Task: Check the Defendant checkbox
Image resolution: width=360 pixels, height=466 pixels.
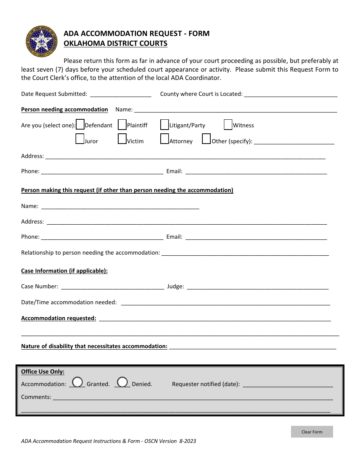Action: click(80, 125)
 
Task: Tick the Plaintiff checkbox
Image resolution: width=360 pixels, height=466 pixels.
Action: click(122, 125)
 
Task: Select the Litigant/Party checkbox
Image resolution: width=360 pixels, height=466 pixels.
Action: click(164, 125)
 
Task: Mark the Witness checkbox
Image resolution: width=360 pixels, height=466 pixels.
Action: click(228, 125)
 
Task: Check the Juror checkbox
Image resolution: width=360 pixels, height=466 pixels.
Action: click(80, 139)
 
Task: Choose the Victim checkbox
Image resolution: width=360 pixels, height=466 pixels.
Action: click(122, 139)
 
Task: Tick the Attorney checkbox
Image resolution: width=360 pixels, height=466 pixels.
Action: click(164, 139)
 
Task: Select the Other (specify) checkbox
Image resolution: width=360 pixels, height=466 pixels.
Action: click(206, 139)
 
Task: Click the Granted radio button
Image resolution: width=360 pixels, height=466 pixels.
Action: click(78, 382)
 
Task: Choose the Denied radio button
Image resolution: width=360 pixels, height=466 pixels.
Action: click(122, 382)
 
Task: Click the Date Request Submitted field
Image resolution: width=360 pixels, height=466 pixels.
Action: click(121, 94)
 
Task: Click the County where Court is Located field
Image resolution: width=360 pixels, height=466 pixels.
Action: click(291, 94)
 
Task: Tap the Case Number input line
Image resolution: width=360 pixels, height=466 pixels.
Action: click(112, 286)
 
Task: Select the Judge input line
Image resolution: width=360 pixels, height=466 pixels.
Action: click(258, 286)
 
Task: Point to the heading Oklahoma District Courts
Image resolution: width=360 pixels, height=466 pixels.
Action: click(115, 43)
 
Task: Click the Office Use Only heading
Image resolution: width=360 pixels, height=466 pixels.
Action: click(43, 372)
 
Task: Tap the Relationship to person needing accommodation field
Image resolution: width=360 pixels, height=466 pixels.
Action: click(245, 252)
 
